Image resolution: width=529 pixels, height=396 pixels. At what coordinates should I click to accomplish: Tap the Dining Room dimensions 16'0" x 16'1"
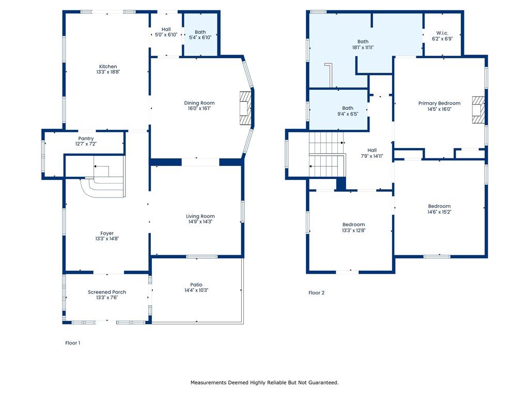[x=199, y=108]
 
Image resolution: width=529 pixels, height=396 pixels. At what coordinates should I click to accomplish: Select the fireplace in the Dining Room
[x=245, y=108]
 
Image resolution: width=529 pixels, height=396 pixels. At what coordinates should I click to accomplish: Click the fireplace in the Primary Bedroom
[x=478, y=110]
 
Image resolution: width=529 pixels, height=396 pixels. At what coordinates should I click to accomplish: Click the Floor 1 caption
[x=72, y=343]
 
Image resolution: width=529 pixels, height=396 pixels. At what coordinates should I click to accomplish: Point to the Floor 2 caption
[x=317, y=293]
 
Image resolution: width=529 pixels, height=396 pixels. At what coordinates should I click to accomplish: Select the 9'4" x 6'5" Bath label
[x=348, y=111]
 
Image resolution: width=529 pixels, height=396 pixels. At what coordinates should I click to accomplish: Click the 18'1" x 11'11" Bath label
[x=363, y=44]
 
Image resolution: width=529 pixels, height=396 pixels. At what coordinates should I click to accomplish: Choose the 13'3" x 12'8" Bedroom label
[x=353, y=227]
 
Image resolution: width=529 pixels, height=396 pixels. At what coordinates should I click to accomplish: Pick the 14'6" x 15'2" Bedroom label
[x=439, y=209]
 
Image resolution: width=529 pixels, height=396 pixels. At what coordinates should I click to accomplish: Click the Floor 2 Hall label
[x=372, y=153]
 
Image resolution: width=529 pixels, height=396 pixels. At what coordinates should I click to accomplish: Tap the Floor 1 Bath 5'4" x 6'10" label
[x=200, y=35]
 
